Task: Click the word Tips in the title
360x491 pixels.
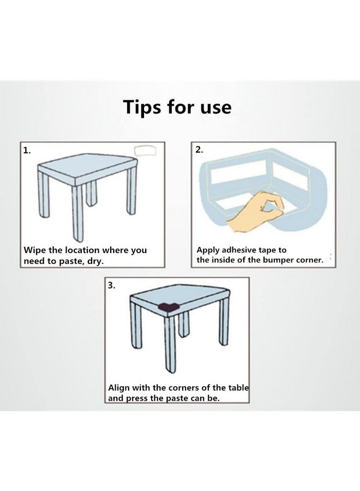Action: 142,107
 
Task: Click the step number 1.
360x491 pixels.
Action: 27,151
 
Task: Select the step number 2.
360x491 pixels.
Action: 200,149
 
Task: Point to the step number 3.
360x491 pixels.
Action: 112,285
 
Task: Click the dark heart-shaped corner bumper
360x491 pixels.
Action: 169,307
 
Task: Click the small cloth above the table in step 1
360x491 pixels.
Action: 145,151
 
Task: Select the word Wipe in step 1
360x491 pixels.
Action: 35,250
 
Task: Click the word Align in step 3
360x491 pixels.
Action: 119,388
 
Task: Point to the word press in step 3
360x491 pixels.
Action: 137,399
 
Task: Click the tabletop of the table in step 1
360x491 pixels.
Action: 88,166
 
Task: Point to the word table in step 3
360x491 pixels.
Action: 238,388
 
